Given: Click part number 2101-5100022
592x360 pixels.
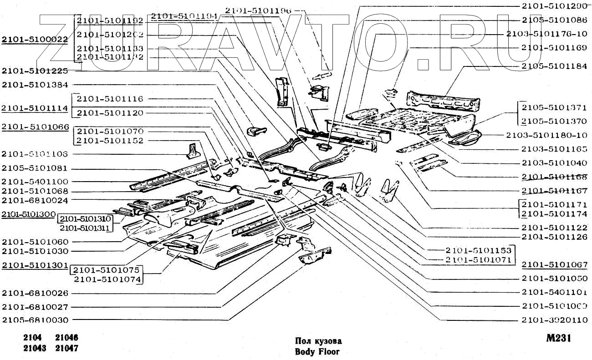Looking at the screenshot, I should pos(35,40).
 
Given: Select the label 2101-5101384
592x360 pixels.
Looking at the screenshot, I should pos(35,85).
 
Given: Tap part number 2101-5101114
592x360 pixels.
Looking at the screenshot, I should pos(35,108).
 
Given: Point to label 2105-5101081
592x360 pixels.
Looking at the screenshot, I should pos(35,167).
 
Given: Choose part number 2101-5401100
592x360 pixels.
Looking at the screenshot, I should pos(35,181).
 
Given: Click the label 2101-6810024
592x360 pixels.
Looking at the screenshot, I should pos(35,200).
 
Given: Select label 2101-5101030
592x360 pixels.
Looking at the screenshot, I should pos(35,251).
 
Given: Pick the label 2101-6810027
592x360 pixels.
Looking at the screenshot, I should pos(35,307).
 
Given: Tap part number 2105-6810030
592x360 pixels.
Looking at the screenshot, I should pos(35,320).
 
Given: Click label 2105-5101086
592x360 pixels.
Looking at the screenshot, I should pos(554,20).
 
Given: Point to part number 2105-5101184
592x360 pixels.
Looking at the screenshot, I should pos(554,66).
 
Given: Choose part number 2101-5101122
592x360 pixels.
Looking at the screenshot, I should pos(554,228).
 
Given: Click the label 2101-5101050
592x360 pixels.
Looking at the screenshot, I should pos(554,278).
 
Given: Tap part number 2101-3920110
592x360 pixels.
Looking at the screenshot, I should pos(554,320).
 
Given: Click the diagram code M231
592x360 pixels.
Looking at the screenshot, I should pos(559,339).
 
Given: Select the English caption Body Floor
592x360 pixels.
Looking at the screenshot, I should pos(317,351).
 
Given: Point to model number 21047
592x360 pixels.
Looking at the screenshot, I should pos(66,349).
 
